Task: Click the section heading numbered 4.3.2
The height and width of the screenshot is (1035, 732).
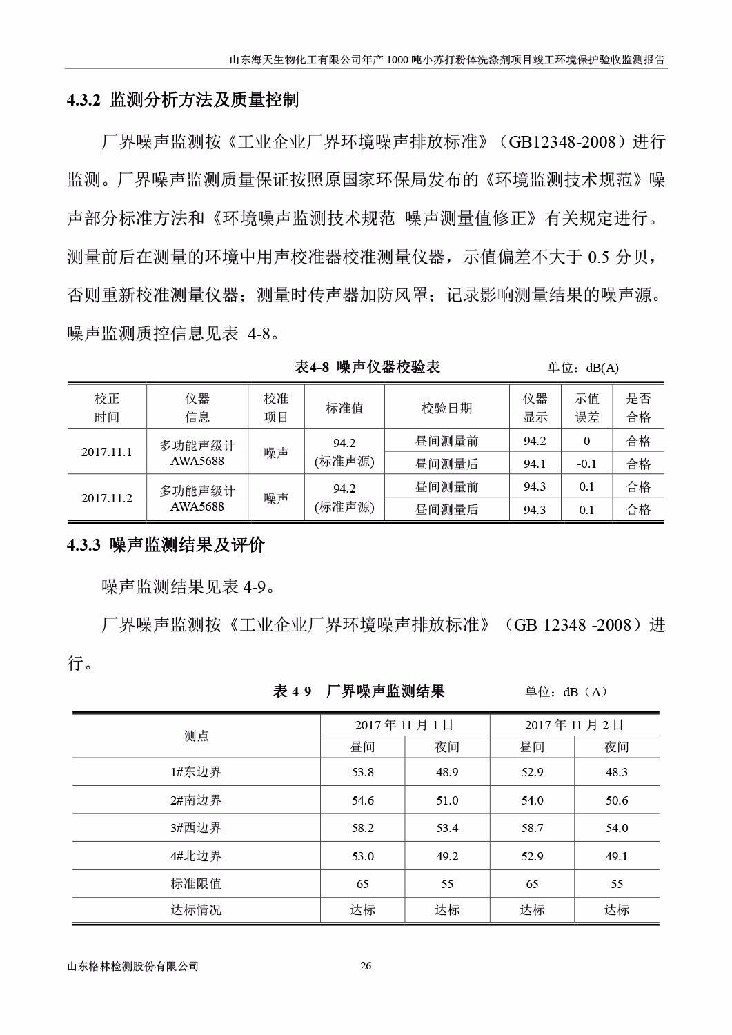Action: [183, 100]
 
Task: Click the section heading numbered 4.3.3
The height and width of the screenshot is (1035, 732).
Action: [166, 545]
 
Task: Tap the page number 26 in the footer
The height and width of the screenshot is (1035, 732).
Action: [366, 966]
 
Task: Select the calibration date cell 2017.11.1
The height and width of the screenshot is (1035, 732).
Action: [106, 452]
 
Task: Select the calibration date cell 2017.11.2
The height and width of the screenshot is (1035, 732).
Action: [106, 498]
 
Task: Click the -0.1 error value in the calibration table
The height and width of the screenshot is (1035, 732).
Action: [586, 464]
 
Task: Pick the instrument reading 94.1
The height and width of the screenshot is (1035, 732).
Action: [534, 464]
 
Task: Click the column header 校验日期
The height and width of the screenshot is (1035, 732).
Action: [446, 408]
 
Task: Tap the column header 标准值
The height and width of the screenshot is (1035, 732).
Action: [344, 408]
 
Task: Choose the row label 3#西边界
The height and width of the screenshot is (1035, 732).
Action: [196, 828]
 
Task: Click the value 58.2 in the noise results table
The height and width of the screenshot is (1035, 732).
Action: [362, 828]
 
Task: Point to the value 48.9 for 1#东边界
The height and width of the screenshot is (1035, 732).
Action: [446, 772]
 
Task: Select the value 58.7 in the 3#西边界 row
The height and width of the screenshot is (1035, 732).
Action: [532, 828]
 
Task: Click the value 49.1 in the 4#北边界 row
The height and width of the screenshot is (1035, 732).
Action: [616, 856]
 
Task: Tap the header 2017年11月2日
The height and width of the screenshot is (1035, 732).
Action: [574, 725]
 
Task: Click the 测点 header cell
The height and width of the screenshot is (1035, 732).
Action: [196, 736]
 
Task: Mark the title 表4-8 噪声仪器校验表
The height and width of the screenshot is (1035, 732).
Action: [367, 367]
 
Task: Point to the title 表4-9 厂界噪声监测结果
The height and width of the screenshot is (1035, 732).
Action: [359, 691]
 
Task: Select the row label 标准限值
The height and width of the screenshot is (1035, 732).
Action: [196, 884]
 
